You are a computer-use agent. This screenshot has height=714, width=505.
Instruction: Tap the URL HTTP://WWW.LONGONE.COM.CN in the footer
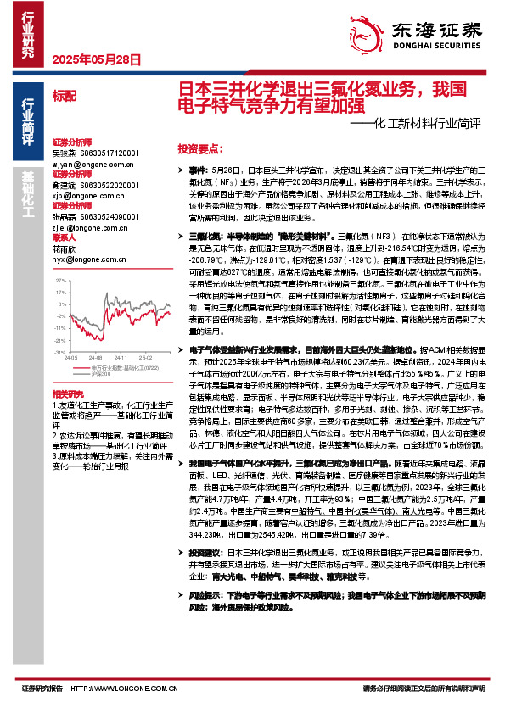[132, 688]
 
